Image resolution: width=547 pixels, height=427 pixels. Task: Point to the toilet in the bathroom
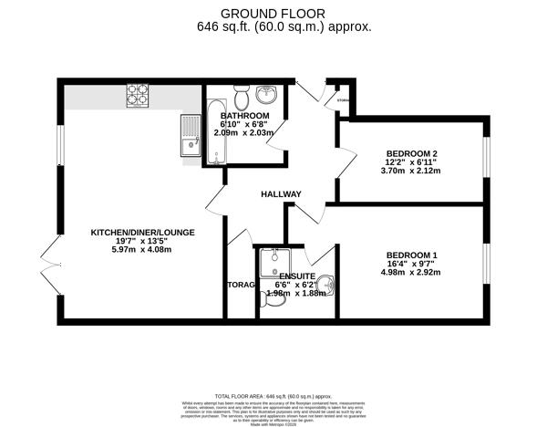coord(242,97)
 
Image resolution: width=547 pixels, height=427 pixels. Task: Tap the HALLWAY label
coord(281,193)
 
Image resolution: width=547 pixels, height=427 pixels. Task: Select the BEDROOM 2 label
coord(412,153)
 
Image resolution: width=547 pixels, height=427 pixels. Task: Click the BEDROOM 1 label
coord(411,255)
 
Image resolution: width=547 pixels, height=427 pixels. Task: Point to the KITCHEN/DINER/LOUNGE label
coord(142,233)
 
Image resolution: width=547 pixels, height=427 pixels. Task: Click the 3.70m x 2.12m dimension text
coord(412,171)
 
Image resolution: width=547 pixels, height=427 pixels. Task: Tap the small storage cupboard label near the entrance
coord(343,100)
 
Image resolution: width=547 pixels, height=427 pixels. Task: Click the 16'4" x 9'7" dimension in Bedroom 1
coord(412,264)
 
